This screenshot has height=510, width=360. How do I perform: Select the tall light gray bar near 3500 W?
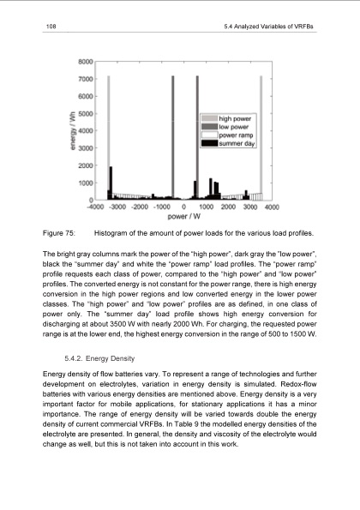pyautogui.click(x=261, y=129)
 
